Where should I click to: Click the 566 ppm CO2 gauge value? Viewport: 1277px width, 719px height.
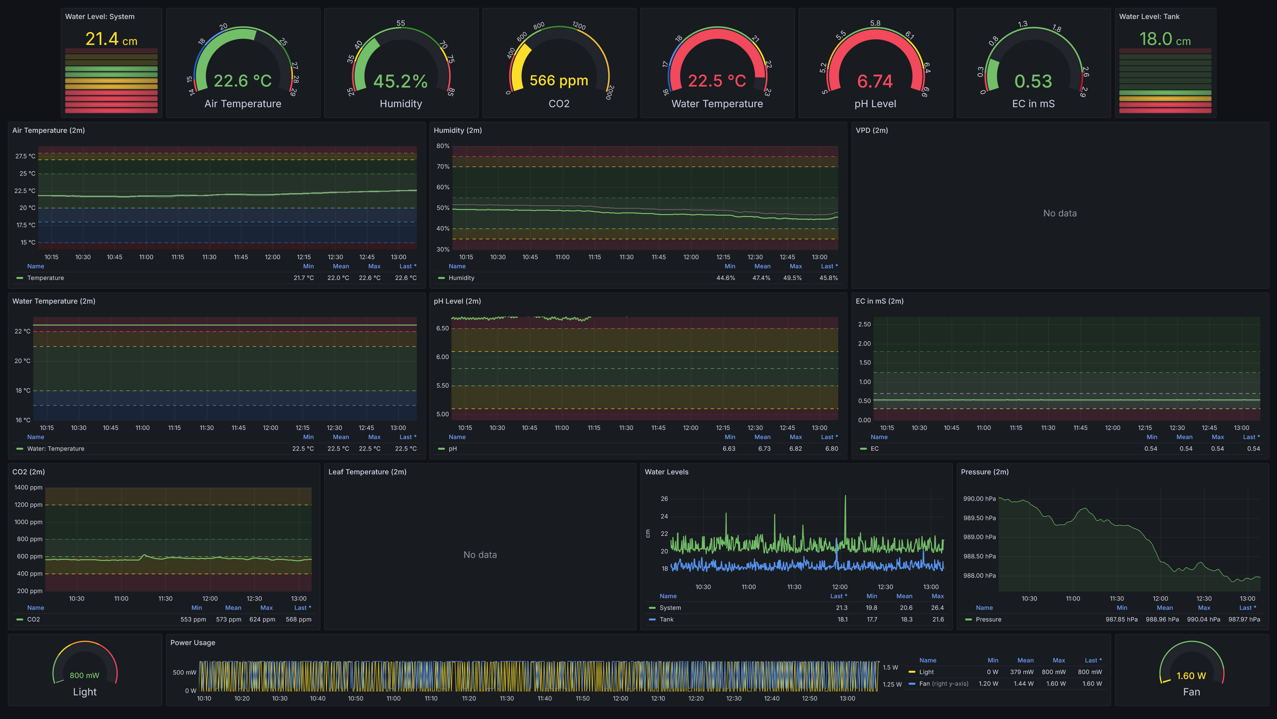[x=559, y=80]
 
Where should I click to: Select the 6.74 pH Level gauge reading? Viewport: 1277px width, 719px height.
[x=875, y=81]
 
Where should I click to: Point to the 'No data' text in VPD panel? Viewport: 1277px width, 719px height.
[x=1060, y=213]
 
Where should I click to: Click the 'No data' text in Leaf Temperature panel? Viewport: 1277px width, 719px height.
[x=480, y=555]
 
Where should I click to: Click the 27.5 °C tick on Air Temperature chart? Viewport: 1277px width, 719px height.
[x=25, y=156]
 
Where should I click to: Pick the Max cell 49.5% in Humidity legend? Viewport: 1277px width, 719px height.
[x=792, y=278]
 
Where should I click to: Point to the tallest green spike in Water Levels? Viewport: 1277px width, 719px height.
[x=845, y=496]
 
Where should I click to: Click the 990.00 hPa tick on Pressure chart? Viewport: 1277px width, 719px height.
[x=979, y=499]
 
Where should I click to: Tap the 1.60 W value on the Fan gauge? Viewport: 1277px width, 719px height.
[x=1191, y=676]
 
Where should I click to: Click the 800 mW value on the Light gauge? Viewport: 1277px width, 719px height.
[x=84, y=675]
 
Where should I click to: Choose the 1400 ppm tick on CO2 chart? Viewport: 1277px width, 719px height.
[x=28, y=488]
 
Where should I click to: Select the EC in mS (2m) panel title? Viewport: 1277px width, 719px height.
[x=879, y=301]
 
